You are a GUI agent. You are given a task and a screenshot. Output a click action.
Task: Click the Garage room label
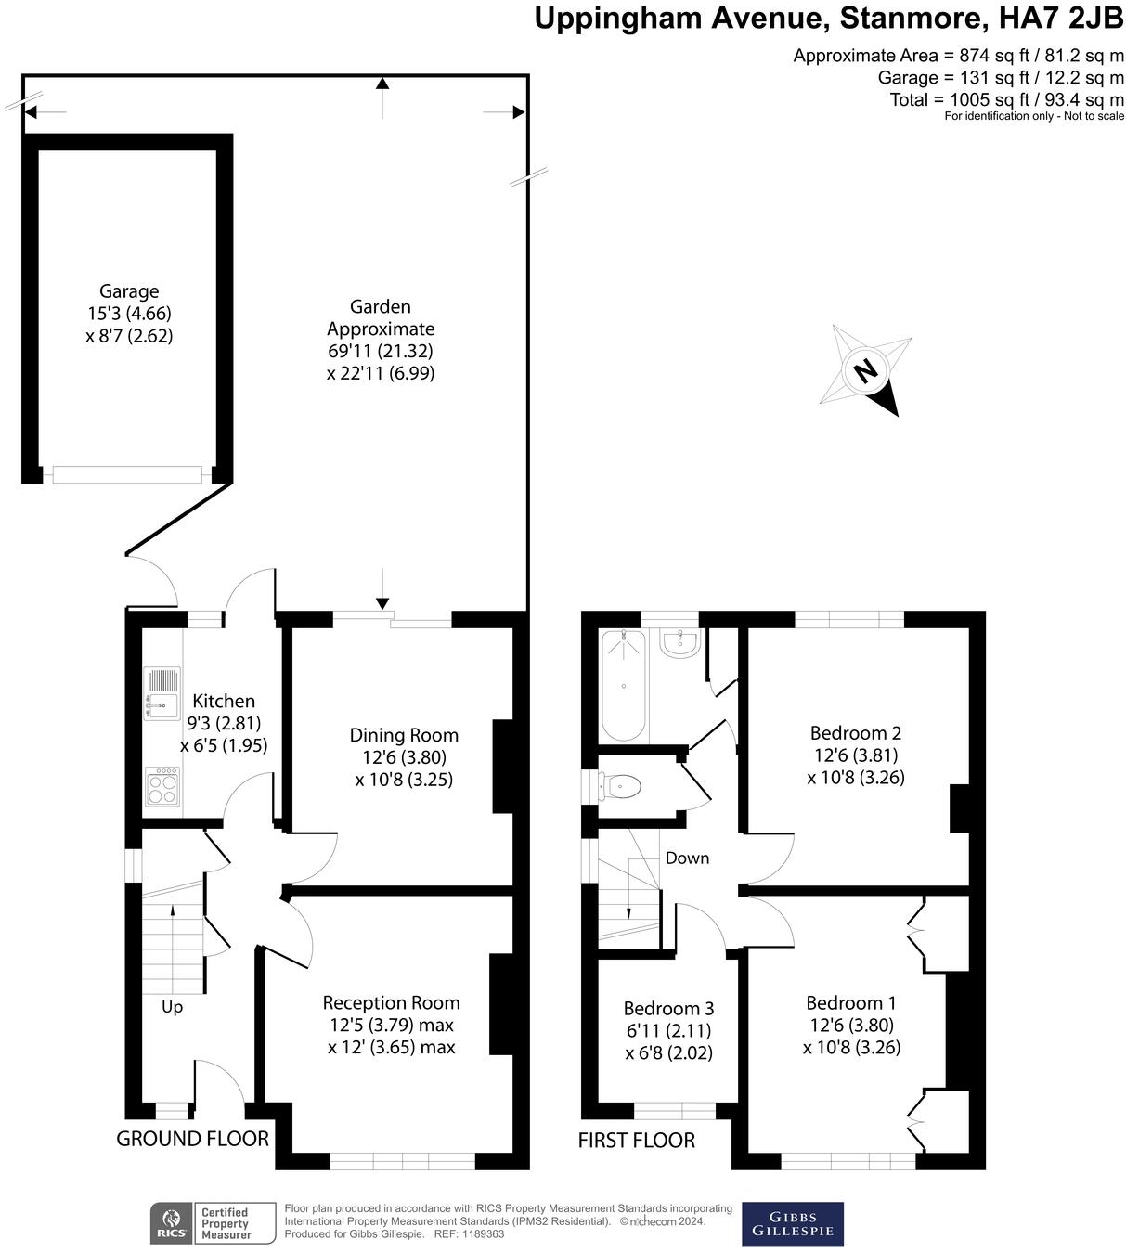tap(129, 291)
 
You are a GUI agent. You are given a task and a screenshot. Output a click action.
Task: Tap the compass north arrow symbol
tap(865, 371)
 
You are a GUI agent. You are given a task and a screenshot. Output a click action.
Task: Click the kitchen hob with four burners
tap(162, 786)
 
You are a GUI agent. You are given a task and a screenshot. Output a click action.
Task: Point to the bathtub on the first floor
tap(623, 685)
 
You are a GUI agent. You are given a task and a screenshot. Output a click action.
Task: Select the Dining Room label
tap(404, 735)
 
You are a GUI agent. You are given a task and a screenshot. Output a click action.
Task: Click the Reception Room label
tap(391, 1002)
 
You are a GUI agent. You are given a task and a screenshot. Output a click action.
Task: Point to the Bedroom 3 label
tap(668, 1008)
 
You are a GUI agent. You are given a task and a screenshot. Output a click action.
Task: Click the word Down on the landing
tap(687, 858)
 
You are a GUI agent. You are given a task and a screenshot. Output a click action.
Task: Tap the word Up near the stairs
tap(172, 1007)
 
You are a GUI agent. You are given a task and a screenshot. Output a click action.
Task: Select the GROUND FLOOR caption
tap(192, 1139)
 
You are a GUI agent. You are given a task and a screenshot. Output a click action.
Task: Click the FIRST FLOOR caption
tap(636, 1141)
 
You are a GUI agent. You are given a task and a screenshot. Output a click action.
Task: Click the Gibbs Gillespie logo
tap(793, 1224)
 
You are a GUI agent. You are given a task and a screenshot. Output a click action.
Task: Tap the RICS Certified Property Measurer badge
tap(214, 1223)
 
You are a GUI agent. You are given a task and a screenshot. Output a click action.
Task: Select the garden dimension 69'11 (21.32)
tap(381, 351)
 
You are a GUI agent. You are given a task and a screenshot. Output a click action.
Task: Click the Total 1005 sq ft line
tap(1006, 99)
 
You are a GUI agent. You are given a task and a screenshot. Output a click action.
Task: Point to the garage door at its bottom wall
tap(127, 474)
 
